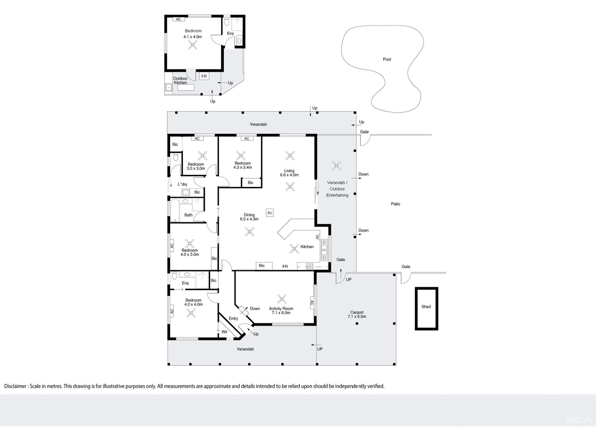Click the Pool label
387,59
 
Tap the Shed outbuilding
426,308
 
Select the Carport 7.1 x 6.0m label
357,314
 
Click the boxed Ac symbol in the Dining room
269,213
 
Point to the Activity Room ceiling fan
282,299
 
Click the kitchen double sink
324,250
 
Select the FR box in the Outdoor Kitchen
204,76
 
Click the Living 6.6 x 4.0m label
289,173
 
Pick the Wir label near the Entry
224,332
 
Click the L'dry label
182,184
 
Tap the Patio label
395,204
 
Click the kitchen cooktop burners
309,266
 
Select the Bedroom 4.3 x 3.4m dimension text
242,167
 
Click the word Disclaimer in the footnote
15,386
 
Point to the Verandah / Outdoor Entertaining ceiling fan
336,165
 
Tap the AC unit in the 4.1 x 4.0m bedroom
178,19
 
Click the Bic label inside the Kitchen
262,266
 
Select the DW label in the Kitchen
317,237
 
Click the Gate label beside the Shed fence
406,266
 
